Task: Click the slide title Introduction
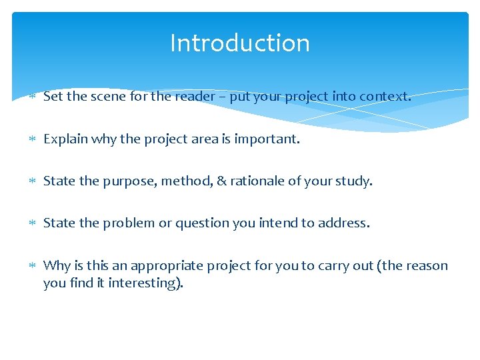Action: [x=240, y=43]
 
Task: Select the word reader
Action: [x=194, y=96]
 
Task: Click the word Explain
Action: [x=65, y=139]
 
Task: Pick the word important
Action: [x=267, y=139]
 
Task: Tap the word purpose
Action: [x=125, y=181]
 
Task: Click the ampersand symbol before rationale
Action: [x=221, y=181]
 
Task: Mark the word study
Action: [x=356, y=181]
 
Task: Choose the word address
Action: [x=343, y=223]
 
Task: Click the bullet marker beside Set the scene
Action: [x=33, y=97]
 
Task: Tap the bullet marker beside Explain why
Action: [x=33, y=140]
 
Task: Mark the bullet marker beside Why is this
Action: [x=33, y=266]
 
